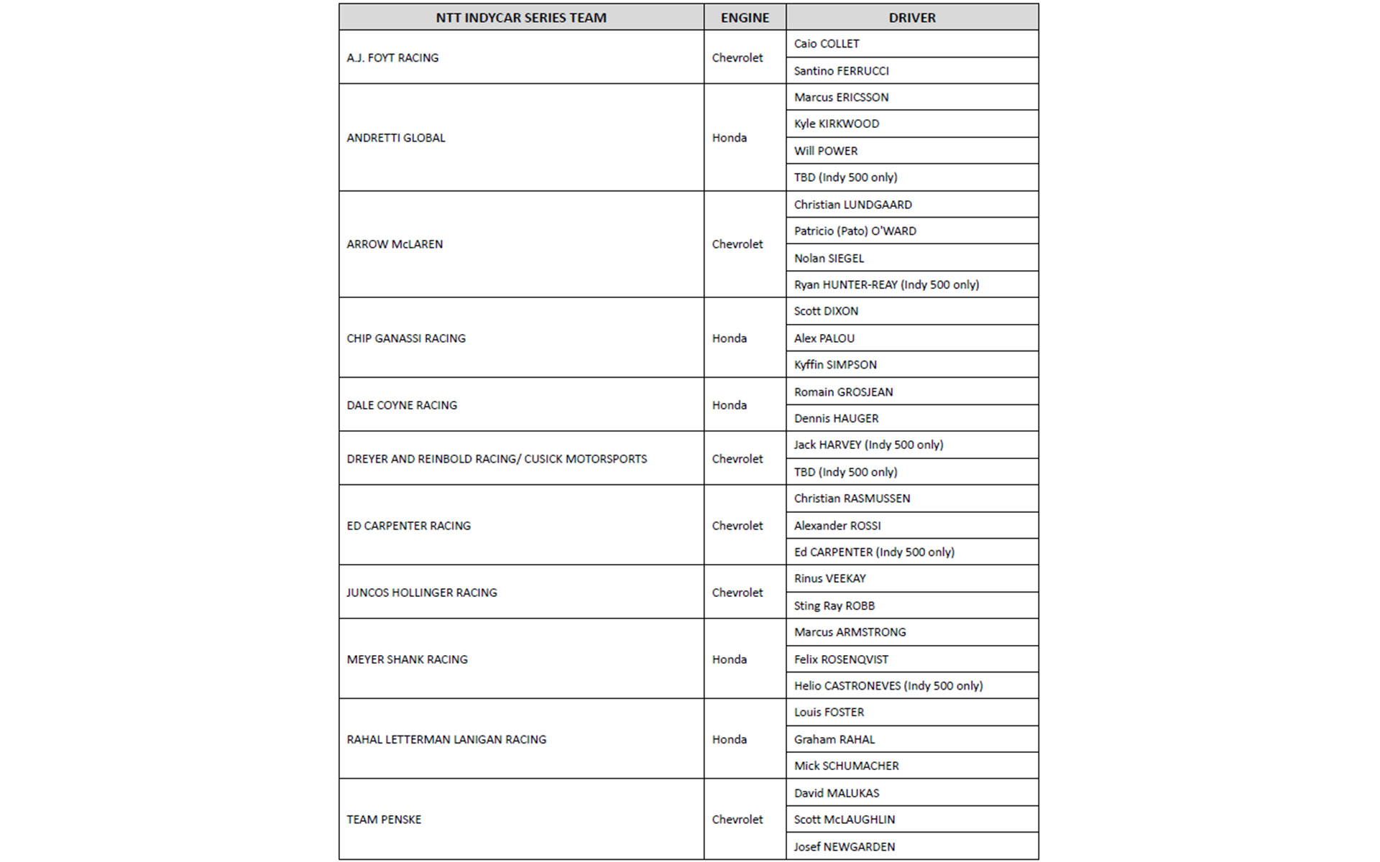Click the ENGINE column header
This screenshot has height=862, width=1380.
745,18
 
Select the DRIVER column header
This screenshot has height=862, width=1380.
911,18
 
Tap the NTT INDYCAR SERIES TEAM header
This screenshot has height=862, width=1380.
521,18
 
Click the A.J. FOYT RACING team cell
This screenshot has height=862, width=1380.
392,57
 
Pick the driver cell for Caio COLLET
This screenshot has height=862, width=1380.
827,44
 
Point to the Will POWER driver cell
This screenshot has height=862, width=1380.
826,151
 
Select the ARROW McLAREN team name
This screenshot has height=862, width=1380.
395,244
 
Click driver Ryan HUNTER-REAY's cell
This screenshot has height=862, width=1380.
886,284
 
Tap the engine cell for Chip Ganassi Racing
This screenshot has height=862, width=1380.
730,338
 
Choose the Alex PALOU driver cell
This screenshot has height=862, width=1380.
824,338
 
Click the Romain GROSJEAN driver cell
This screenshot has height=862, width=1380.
843,392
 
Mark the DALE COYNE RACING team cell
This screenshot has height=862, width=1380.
402,405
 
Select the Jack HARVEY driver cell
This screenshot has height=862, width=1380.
868,445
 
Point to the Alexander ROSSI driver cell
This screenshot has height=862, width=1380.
837,526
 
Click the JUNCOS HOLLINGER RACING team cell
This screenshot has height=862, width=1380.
422,593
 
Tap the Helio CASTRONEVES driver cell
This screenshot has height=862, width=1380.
888,686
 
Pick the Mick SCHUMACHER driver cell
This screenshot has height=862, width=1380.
846,766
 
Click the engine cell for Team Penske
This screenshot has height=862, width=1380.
737,820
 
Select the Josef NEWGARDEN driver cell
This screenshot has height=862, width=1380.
845,847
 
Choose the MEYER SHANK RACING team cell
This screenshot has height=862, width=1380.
407,659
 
